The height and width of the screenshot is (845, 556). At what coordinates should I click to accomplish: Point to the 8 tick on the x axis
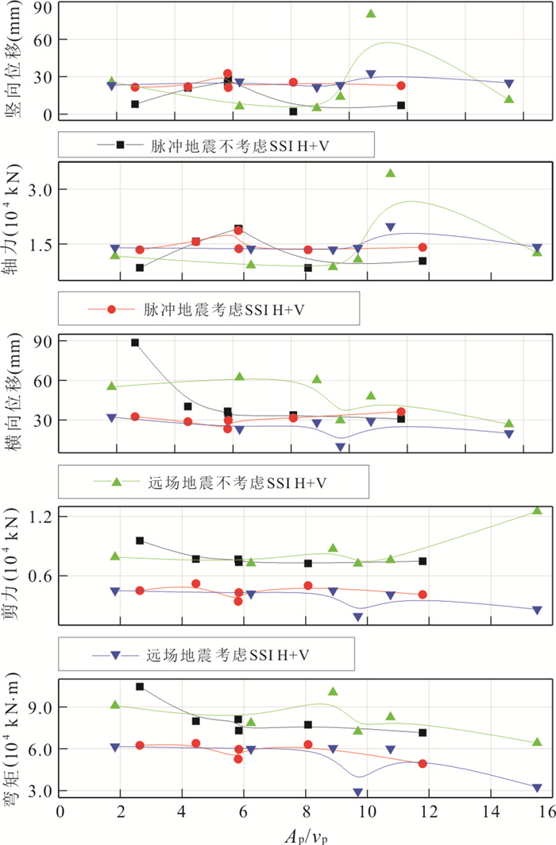point(307,811)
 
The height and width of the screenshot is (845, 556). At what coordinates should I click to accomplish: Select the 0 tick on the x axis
point(60,811)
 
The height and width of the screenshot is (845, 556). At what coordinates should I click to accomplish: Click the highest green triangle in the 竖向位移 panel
point(371,14)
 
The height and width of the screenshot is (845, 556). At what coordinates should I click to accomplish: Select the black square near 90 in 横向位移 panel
point(135,343)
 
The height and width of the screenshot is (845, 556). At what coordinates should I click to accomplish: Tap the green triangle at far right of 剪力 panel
point(537,510)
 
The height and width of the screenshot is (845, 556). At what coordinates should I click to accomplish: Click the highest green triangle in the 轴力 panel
point(390,173)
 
